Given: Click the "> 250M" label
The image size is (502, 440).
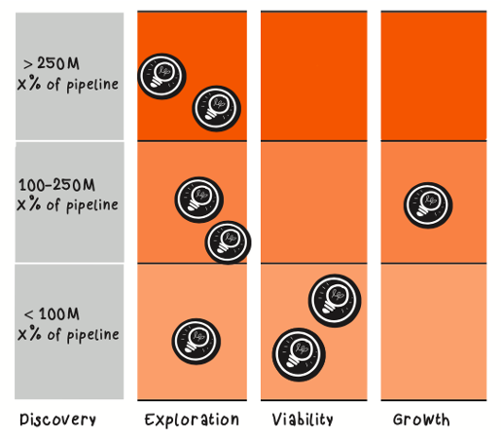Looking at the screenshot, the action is [52, 63].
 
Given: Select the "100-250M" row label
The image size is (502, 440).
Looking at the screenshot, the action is [56, 185].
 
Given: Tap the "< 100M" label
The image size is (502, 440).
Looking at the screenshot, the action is [52, 313].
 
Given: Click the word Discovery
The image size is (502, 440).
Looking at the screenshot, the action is [57, 420].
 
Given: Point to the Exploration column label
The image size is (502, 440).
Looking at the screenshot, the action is [192, 420].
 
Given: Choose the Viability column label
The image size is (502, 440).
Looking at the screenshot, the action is [303, 420].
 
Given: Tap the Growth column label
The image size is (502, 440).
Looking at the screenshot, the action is [421, 420].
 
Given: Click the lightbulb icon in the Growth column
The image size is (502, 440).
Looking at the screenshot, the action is [428, 205].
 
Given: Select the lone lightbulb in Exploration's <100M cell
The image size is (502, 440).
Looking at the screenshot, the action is [197, 341].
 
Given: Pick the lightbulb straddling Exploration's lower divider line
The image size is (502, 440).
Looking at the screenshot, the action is [228, 242].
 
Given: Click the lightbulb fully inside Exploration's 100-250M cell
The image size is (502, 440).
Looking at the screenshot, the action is [199, 200].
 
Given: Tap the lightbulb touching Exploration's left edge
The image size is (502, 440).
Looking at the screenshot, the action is [161, 76].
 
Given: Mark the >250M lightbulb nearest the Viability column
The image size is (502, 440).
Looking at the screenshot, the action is [217, 108].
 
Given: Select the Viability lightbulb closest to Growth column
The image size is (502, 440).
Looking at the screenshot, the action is [335, 301].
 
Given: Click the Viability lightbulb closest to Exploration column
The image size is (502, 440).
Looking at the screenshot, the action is [299, 354].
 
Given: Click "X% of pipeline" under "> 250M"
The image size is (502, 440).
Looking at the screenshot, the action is [68, 85].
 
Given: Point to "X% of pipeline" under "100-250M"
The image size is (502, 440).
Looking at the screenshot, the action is [67, 205].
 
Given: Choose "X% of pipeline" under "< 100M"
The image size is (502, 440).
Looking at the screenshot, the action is [68, 334].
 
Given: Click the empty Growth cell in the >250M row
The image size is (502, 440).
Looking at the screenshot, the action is [434, 76].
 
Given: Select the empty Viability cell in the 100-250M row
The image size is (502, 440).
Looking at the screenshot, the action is [314, 202].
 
